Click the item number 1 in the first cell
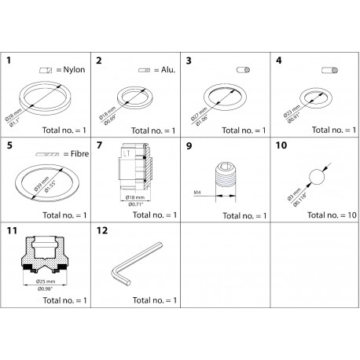tap(9, 60)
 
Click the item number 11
tap(11, 232)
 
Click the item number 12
tap(101, 232)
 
